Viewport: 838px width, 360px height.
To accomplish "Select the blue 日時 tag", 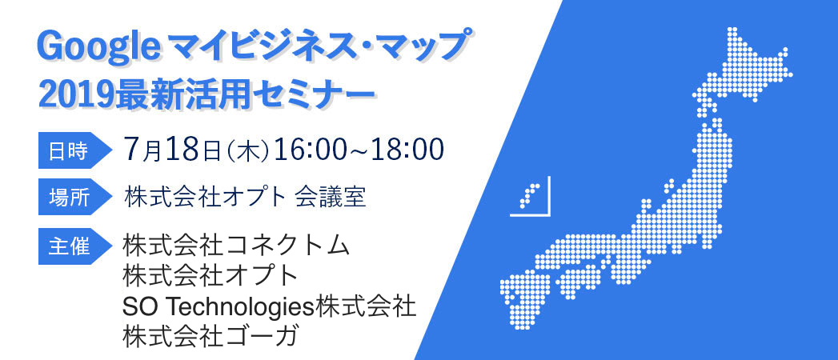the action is click(x=74, y=151).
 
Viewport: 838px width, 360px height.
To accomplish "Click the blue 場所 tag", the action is click(x=74, y=198).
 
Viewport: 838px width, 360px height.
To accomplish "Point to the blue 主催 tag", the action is click(x=74, y=246).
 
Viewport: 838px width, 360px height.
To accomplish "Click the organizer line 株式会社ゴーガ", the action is click(x=210, y=337).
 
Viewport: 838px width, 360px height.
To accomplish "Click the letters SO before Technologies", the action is click(x=142, y=307).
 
